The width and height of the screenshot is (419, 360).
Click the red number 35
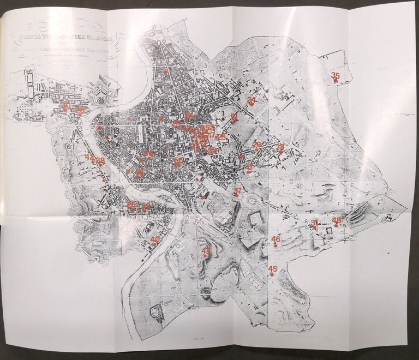point(336,76)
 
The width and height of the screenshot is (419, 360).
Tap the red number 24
point(252,100)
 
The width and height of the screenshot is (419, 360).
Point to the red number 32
point(280,147)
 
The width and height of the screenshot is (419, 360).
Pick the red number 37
point(238,191)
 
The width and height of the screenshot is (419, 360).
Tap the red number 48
point(337,220)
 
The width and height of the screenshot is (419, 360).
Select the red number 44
point(206,251)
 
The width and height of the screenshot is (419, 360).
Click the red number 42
point(90,157)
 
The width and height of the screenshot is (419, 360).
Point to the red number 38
point(100,160)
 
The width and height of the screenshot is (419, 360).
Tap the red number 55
point(179,161)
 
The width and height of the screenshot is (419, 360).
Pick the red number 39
point(146,206)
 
